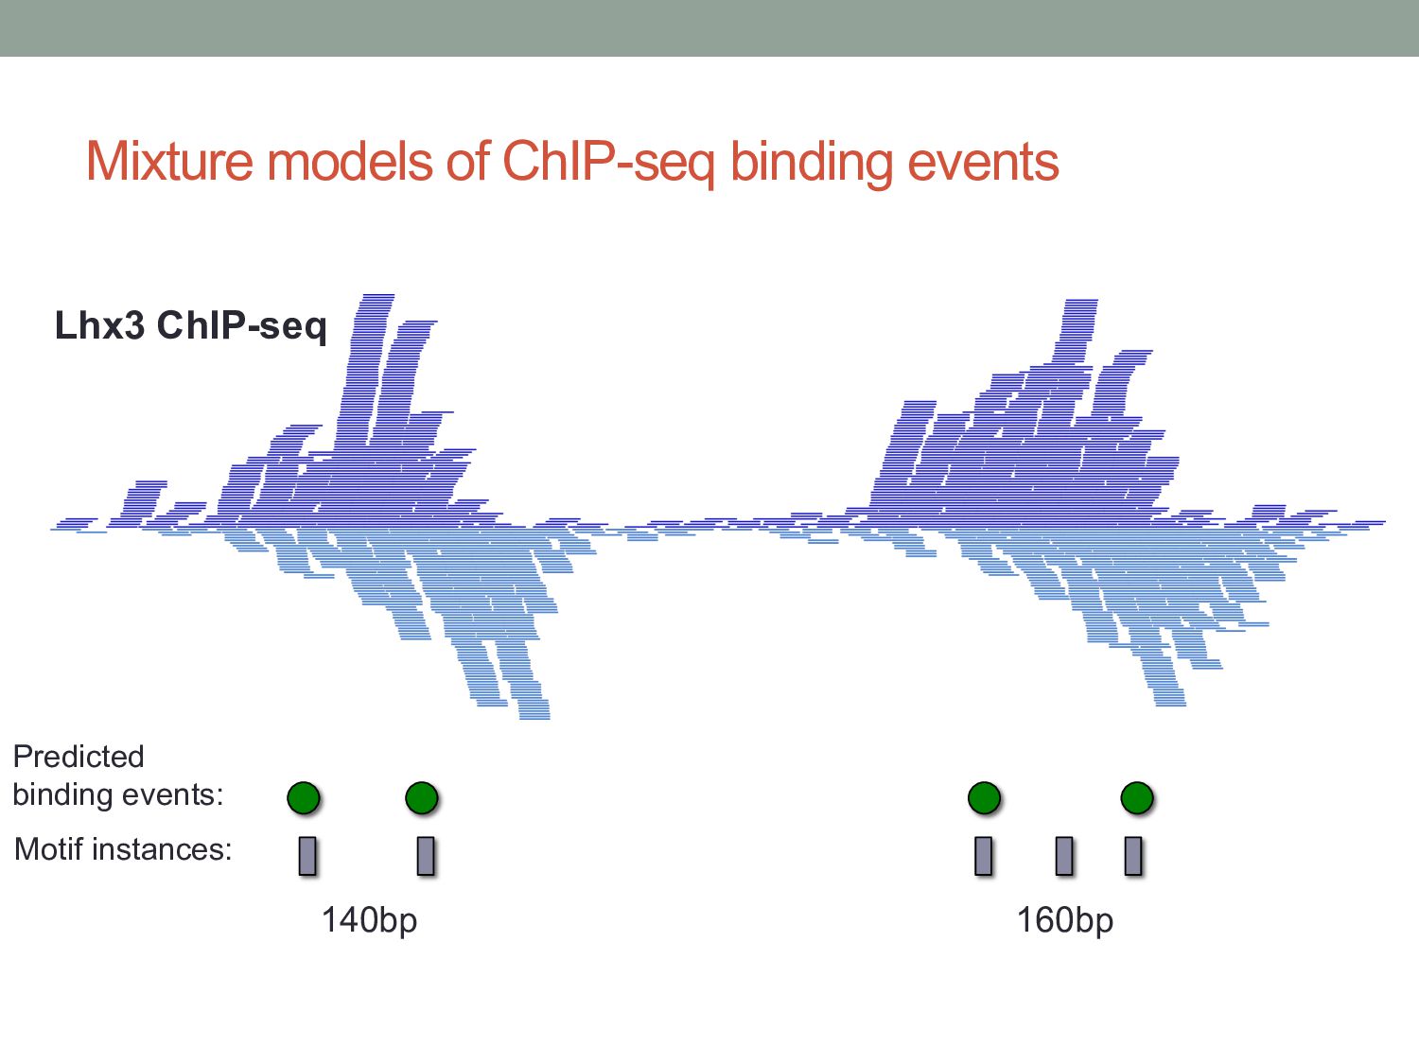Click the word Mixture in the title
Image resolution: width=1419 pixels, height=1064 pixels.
169,161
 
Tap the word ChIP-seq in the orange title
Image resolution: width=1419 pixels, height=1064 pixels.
608,164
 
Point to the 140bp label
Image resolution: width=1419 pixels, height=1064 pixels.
369,920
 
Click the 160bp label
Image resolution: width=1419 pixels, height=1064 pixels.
1065,920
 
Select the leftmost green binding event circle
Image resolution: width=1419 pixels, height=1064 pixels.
304,798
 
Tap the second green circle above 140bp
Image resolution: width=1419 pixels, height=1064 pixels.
422,798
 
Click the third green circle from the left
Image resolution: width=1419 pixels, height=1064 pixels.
984,798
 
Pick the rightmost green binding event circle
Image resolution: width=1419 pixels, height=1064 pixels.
1136,798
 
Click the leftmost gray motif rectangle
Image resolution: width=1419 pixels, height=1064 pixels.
307,856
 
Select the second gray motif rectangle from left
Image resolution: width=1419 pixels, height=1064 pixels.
426,856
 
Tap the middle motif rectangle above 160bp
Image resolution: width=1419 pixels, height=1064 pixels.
1064,856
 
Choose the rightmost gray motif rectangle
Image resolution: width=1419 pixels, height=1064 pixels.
1132,856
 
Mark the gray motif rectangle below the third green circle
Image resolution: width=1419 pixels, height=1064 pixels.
983,856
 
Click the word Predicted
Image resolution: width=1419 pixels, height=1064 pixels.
79,757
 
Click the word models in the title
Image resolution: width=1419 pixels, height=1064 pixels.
350,161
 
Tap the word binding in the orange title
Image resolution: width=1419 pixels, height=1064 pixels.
812,164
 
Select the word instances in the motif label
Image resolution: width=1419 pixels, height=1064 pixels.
162,849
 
